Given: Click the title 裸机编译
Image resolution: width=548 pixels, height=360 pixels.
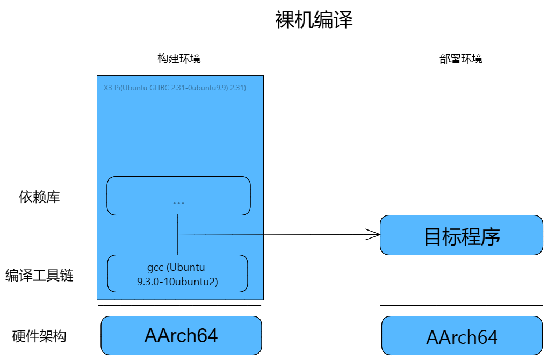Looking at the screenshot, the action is [314, 20].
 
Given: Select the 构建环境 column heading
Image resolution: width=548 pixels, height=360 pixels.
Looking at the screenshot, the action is [179, 59].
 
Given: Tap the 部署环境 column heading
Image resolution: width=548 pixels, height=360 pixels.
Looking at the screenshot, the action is [460, 59].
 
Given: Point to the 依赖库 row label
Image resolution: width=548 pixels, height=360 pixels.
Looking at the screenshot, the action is [40, 197].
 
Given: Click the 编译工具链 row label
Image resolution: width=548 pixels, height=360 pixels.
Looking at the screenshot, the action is [39, 275].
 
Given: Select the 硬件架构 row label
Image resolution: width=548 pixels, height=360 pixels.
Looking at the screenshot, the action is [39, 336].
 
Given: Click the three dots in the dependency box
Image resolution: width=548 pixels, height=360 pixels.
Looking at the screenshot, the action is [178, 203].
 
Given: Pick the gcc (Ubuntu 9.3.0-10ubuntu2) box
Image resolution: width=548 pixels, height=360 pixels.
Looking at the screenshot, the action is [177, 273].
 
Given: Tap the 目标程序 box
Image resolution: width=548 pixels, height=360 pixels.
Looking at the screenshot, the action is [462, 235].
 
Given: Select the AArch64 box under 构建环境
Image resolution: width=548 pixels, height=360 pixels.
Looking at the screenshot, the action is [181, 335].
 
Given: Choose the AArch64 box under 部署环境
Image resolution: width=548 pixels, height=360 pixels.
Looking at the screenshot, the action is [462, 336].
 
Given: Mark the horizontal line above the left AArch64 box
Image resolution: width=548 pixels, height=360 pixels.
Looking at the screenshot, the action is [179, 306].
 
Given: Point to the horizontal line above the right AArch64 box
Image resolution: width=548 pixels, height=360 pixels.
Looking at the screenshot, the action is [462, 306].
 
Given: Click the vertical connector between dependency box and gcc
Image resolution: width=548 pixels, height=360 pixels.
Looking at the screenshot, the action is [178, 235].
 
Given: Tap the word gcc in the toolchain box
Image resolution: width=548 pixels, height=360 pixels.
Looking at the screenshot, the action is [155, 268].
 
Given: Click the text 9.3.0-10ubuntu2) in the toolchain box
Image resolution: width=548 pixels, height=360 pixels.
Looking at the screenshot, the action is [177, 282].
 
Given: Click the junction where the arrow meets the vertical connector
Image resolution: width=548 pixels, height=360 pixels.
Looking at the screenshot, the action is [178, 234].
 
